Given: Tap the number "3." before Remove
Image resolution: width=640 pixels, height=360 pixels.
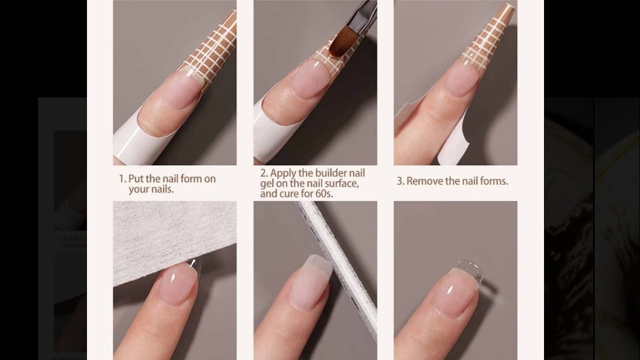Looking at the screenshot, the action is (400, 181).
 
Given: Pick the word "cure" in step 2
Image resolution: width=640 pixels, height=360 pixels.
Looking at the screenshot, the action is (289, 193).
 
